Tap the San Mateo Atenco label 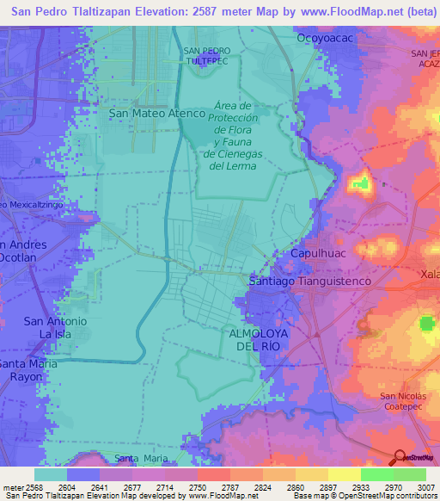[157, 113]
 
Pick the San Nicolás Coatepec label [402, 402]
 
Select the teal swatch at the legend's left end [50, 474]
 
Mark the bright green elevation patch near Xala [427, 324]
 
